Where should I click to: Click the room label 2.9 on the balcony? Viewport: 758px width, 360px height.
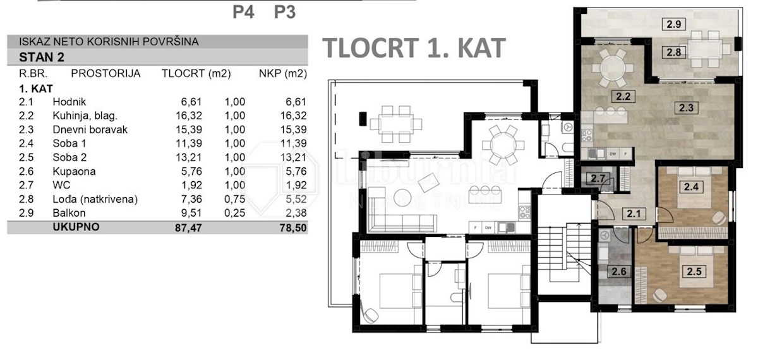[x=674, y=25]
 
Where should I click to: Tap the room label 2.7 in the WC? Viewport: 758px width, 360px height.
[x=598, y=178]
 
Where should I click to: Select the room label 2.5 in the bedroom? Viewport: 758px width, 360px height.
[x=694, y=272]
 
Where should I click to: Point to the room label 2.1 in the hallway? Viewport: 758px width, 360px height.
[x=634, y=214]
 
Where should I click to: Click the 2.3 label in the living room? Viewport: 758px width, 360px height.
[x=686, y=108]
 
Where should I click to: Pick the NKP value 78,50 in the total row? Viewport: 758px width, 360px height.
[x=293, y=228]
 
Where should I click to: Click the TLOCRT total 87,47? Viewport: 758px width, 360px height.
[x=188, y=228]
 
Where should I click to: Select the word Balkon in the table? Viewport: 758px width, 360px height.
[x=69, y=213]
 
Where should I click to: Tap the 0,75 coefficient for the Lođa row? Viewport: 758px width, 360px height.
[x=234, y=199]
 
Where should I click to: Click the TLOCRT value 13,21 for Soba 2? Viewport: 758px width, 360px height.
[x=188, y=157]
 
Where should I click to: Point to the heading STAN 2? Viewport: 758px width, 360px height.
[x=42, y=57]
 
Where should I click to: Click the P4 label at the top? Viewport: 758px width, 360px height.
[x=243, y=12]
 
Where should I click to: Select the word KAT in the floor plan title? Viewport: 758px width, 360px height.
[x=481, y=48]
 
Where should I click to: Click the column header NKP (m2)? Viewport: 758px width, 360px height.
[x=283, y=73]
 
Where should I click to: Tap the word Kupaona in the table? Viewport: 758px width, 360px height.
[x=74, y=171]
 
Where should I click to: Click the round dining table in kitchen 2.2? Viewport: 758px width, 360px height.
[x=613, y=68]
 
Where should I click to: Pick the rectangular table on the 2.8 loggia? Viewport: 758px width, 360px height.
[x=706, y=49]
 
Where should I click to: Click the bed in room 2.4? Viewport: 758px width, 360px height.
[x=692, y=189]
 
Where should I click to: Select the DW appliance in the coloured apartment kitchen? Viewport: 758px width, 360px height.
[x=613, y=154]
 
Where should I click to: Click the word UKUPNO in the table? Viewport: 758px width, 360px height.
[x=76, y=227]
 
